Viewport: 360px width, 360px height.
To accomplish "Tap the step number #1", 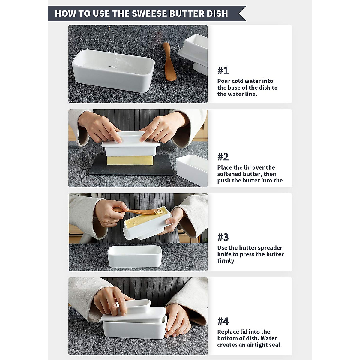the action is tap(223, 70).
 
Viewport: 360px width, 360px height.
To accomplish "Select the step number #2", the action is tap(223, 157).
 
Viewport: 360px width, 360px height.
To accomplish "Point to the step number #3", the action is tap(223, 237).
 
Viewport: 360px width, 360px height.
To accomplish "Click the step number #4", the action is tap(223, 321).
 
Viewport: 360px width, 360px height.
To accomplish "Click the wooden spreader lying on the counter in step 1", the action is tap(169, 61).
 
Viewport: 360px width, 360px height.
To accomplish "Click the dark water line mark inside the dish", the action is tap(112, 67).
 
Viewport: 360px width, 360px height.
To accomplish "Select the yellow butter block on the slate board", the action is tap(130, 160).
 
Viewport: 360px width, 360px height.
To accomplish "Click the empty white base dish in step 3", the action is tap(135, 256).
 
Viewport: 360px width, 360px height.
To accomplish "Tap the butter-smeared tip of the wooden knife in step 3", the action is tap(159, 211).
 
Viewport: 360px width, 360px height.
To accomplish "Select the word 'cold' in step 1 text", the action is tap(237, 81).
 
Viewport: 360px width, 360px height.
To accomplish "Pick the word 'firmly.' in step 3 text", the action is tap(226, 261).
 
